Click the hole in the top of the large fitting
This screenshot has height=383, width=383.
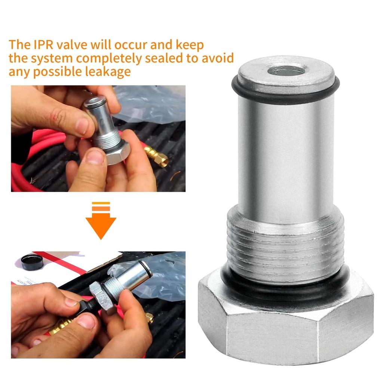pos(287,70)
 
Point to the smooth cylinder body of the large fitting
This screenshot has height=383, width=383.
pos(286,157)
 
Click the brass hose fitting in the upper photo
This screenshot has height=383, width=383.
pos(157,155)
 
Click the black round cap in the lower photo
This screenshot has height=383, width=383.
pos(32,262)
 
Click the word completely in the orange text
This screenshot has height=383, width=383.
pos(112,59)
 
